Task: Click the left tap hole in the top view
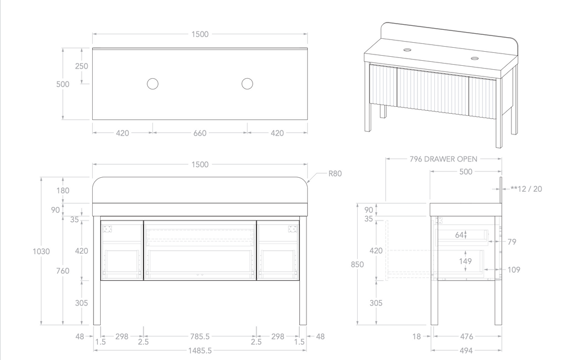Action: [x=152, y=84]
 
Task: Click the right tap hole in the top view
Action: [x=247, y=84]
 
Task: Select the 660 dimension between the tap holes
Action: [x=200, y=133]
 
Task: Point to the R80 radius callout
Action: [x=335, y=174]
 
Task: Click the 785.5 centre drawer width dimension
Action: [x=200, y=336]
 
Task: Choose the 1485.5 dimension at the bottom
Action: [x=200, y=350]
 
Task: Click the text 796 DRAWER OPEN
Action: [x=443, y=159]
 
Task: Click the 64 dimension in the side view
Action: [x=459, y=235]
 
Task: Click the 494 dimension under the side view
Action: [x=466, y=350]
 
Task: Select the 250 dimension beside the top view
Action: [x=82, y=66]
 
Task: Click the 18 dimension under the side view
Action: [x=417, y=337]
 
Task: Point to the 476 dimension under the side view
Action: [x=466, y=337]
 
